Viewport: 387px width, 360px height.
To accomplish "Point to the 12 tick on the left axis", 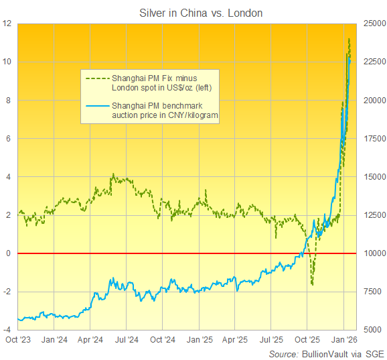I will (x=8, y=23).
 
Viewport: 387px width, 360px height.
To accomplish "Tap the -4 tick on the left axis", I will (x=8, y=331).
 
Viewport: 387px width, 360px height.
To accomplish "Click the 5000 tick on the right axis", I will (x=371, y=331).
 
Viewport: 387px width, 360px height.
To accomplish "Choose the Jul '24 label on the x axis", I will (x=127, y=340).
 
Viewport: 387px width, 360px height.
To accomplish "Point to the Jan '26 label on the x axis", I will (x=344, y=340).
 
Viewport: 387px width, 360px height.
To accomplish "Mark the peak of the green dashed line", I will (x=349, y=39).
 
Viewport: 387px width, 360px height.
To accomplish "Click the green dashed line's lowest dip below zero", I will (x=313, y=285).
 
